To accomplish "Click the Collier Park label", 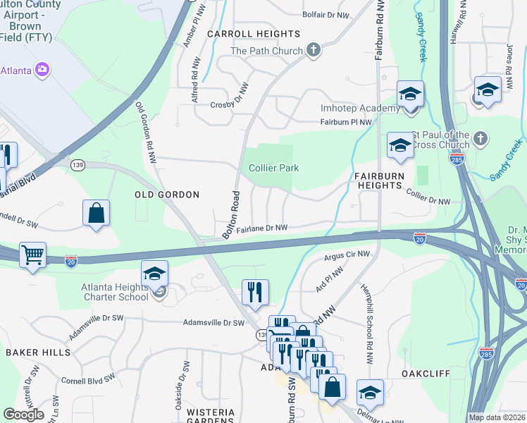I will point(274,168).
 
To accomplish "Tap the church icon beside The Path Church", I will point(314,51).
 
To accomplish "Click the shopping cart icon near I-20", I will point(32,255).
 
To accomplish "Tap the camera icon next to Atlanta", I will point(42,69).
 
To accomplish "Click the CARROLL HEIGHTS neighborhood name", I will point(254,34).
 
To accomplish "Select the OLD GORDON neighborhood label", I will point(167,194).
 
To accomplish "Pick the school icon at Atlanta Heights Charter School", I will point(155,274).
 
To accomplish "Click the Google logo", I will point(23,415).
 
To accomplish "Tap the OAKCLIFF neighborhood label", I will point(425,374).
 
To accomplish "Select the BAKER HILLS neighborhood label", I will point(38,352).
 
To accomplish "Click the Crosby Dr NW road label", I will point(230,105).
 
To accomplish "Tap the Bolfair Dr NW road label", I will point(325,15).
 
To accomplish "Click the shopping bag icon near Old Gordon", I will point(96,213).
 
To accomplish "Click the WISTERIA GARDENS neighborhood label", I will point(216,416).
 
